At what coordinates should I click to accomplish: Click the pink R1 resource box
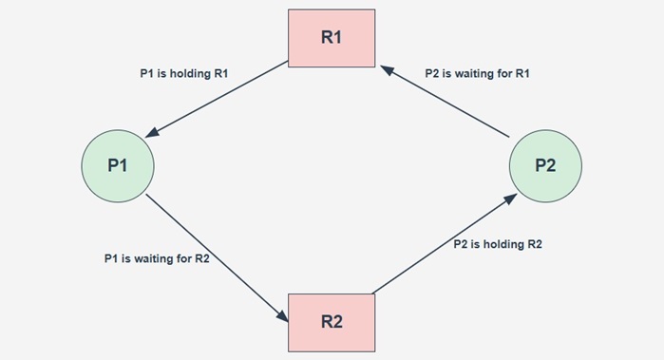[x=332, y=39]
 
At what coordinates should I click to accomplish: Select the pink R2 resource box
[x=332, y=320]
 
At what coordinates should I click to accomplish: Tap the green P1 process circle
[x=118, y=165]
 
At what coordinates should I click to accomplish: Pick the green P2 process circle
[x=545, y=165]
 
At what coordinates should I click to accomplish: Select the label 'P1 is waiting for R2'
[x=157, y=258]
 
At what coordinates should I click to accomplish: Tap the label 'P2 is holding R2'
[x=499, y=244]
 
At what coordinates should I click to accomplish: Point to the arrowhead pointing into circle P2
[x=513, y=197]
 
